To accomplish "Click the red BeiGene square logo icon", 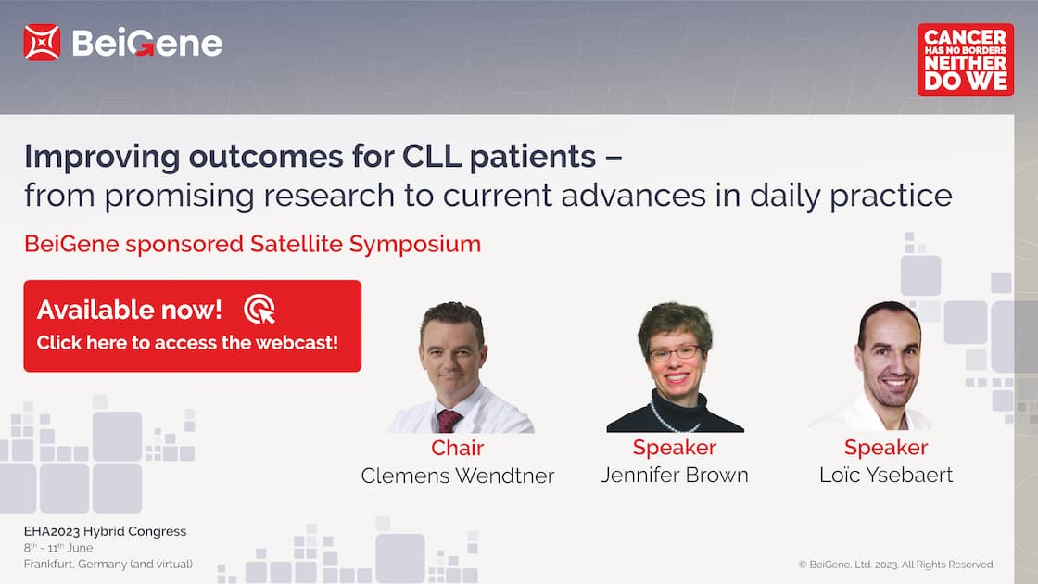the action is [x=42, y=43].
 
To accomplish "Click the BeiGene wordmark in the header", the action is [x=147, y=44].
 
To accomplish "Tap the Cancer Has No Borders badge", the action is [x=965, y=59].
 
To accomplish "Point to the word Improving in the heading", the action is [x=102, y=158].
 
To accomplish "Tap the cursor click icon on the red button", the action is [x=259, y=310].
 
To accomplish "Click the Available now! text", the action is [x=129, y=310].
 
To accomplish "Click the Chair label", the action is [x=458, y=448].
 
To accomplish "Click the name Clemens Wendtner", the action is [x=458, y=476].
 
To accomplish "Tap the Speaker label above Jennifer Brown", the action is [x=674, y=448].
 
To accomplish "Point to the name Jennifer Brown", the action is [x=674, y=475].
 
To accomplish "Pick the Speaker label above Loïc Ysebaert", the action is [x=886, y=448].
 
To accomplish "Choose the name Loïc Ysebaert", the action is [x=886, y=475].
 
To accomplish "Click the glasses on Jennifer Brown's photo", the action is [x=675, y=353].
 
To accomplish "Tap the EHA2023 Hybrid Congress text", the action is [x=106, y=531].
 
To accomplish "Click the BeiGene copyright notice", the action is [x=896, y=565].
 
